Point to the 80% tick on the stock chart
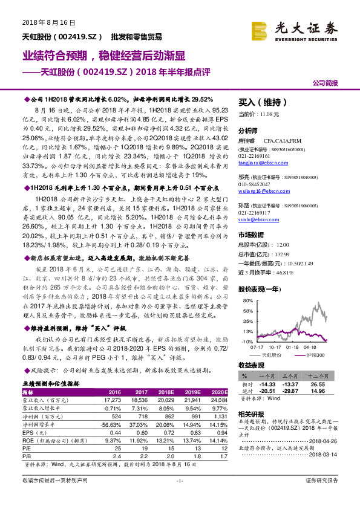247,301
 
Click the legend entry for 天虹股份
272,355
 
